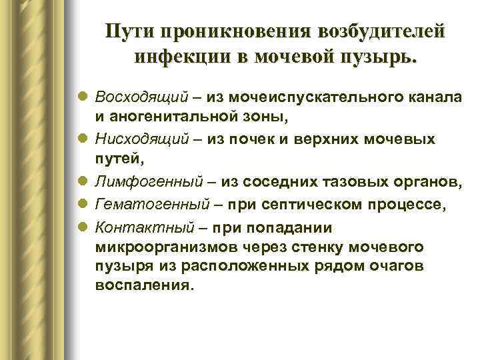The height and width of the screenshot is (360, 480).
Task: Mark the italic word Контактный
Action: point(140,226)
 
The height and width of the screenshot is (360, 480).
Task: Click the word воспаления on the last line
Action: point(143,286)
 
